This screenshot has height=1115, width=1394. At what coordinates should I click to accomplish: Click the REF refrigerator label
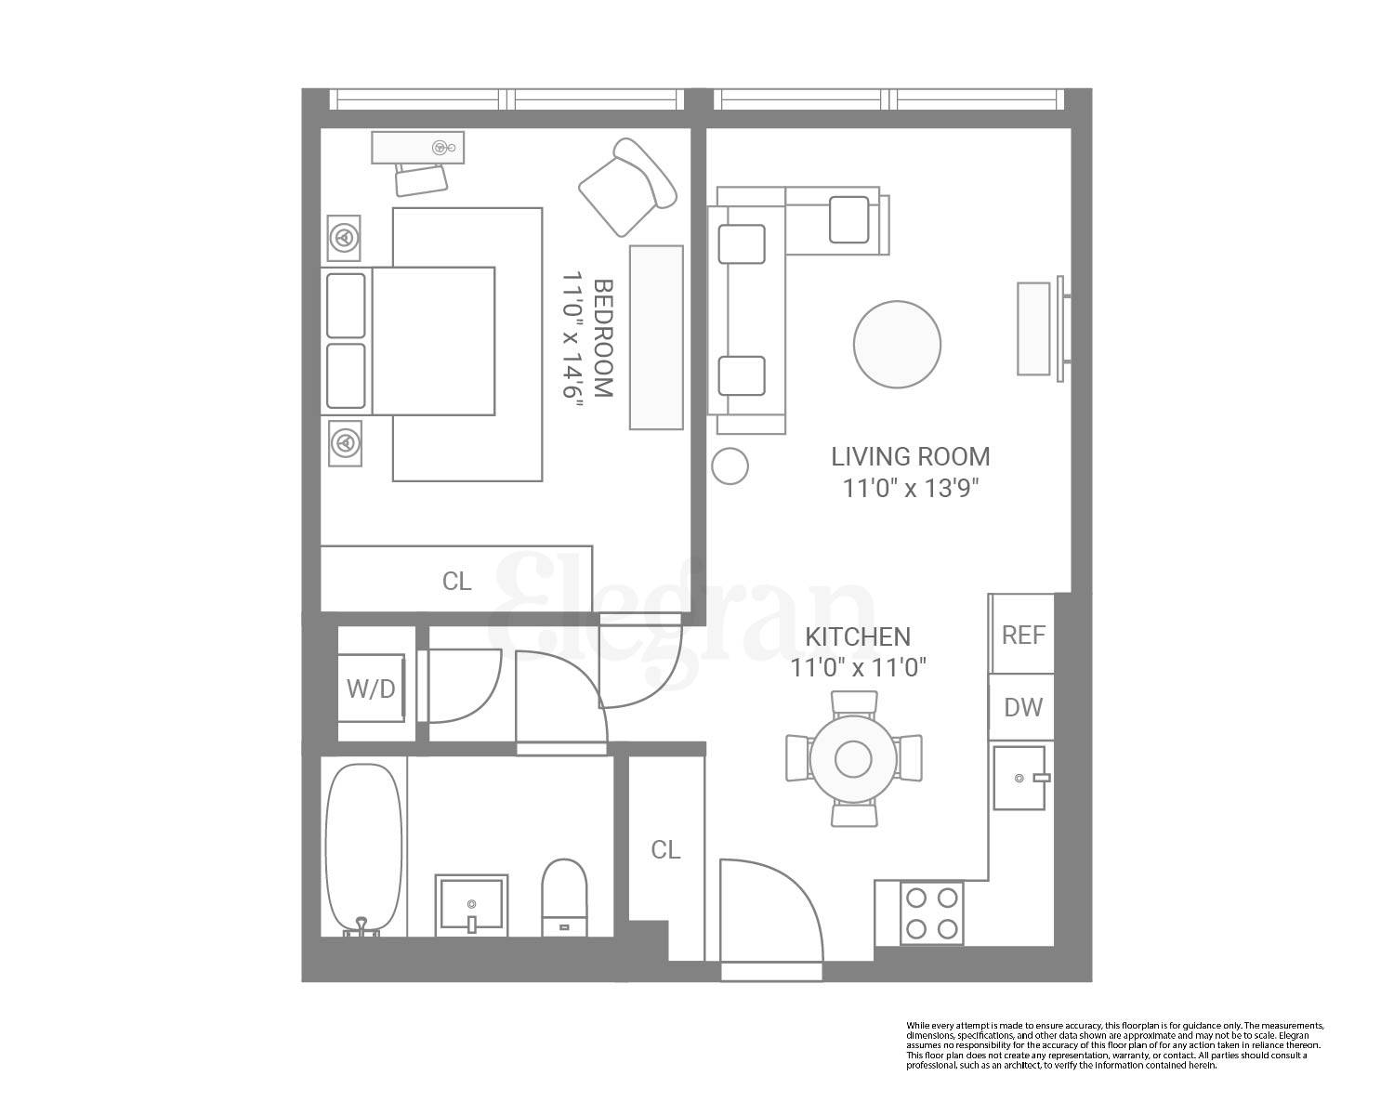1023,635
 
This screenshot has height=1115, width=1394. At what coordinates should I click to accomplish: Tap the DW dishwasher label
1023,707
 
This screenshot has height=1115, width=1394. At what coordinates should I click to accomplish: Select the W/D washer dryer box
371,689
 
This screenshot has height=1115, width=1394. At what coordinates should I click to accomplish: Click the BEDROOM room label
603,338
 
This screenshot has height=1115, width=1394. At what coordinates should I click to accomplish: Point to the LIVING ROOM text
910,456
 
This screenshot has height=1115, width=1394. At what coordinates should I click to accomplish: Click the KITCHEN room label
857,636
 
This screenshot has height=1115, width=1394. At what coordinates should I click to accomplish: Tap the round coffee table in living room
897,344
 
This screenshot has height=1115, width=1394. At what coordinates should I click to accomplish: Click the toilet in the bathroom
564,897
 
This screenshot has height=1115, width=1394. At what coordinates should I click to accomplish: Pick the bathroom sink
471,902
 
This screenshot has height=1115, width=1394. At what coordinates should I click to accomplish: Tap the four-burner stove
931,912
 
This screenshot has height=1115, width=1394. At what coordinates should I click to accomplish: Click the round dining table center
852,759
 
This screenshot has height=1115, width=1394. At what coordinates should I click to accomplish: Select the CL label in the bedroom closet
456,581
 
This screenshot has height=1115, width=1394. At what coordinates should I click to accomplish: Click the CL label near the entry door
665,849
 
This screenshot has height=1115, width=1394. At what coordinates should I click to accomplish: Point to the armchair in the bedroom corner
625,187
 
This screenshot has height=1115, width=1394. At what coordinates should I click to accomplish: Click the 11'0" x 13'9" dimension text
910,488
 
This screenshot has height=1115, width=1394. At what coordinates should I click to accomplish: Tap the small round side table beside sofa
730,466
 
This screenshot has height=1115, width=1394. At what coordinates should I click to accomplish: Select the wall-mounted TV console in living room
1034,328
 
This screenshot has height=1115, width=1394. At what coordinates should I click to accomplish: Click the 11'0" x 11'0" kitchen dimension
858,667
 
